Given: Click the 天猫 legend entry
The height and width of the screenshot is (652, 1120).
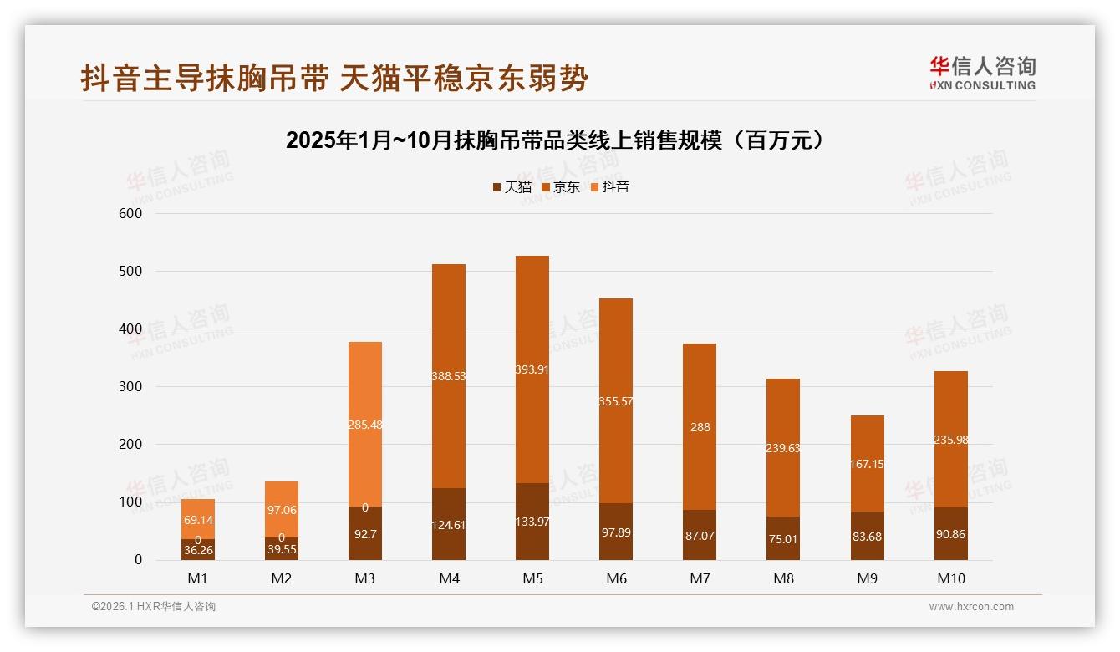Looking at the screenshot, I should click(x=512, y=187).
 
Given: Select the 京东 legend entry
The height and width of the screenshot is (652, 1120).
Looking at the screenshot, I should click(x=560, y=187).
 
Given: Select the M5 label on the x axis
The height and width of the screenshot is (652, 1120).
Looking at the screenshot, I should click(x=532, y=578).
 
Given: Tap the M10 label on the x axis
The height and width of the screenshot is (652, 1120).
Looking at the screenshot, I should click(x=950, y=578).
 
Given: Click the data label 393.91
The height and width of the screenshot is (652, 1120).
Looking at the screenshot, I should click(x=532, y=369).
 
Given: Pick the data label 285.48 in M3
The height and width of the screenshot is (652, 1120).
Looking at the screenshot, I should click(x=365, y=425).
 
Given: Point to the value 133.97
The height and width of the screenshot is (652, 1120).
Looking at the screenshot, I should click(x=532, y=535).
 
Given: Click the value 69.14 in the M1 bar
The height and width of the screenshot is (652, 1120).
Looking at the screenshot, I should click(x=198, y=520).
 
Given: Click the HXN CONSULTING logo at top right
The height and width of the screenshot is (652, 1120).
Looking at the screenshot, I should click(x=982, y=73).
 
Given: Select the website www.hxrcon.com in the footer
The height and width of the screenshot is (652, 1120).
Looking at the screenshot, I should click(x=971, y=607).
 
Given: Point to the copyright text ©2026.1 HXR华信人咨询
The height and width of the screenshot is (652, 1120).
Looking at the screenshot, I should click(x=154, y=607).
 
